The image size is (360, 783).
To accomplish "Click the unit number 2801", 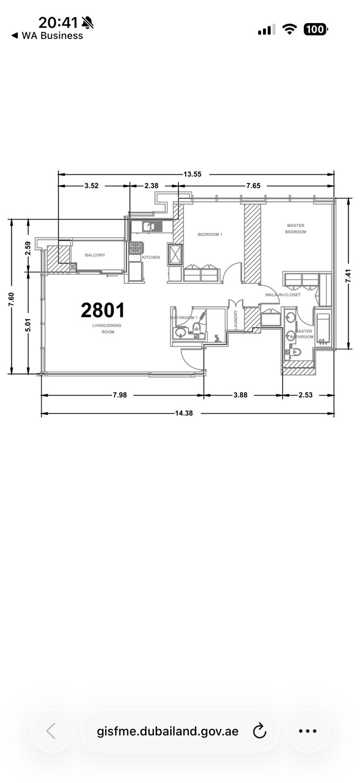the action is [103, 310].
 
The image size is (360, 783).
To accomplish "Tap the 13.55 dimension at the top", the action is [193, 174].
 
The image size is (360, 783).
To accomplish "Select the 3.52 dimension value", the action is [91, 185].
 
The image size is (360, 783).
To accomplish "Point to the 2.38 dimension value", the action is [151, 185].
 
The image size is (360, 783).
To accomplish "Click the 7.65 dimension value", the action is [253, 185].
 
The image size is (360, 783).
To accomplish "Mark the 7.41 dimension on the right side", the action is [348, 276].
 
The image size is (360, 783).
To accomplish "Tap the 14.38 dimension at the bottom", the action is [184, 413].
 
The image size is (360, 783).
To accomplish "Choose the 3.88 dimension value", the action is [241, 395].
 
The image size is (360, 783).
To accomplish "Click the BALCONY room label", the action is [95, 255].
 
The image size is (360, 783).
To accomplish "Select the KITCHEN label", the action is [151, 257].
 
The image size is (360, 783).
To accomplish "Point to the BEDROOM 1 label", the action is [210, 234].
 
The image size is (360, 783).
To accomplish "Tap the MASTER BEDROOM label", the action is [296, 229].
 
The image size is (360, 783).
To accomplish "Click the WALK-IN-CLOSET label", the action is [283, 295].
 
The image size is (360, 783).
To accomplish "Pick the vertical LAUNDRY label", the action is [236, 320].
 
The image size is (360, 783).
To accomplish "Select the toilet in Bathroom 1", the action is [197, 326].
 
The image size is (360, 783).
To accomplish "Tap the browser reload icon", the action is [259, 731].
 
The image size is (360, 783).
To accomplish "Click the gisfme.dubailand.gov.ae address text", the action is [168, 731].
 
